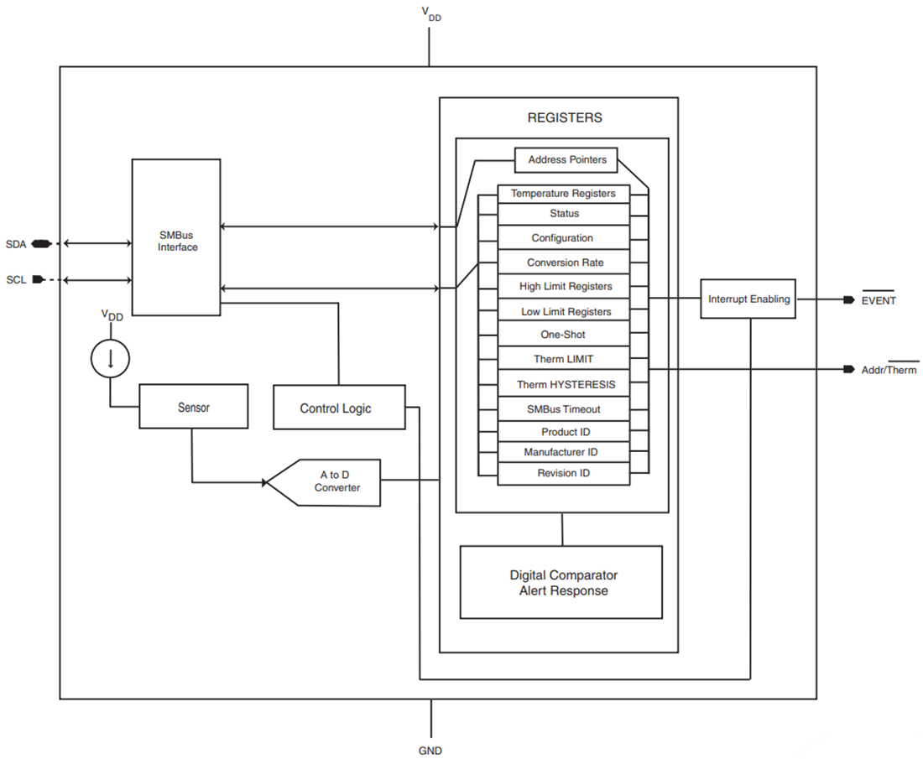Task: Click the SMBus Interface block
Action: pos(177,237)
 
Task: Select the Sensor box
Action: pos(193,408)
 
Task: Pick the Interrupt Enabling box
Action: pos(748,299)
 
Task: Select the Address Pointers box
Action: pos(566,159)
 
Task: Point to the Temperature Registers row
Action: pos(563,194)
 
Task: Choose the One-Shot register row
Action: pos(563,335)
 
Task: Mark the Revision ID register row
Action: pos(563,473)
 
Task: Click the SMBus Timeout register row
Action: pos(563,409)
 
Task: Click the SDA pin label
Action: pos(16,244)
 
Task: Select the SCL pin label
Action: pos(16,279)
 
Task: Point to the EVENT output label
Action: pos(879,300)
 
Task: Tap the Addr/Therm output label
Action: pos(889,370)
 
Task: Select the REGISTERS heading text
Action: pos(564,118)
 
